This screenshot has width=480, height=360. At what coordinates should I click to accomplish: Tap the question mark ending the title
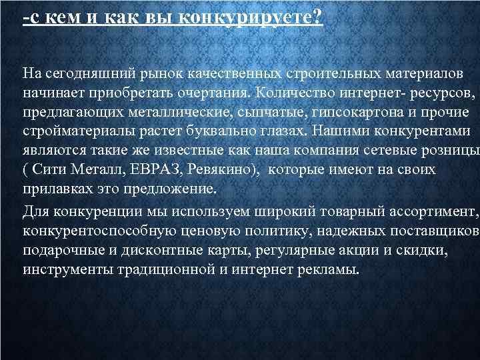[x=317, y=17]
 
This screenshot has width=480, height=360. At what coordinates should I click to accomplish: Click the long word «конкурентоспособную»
[x=100, y=231]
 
